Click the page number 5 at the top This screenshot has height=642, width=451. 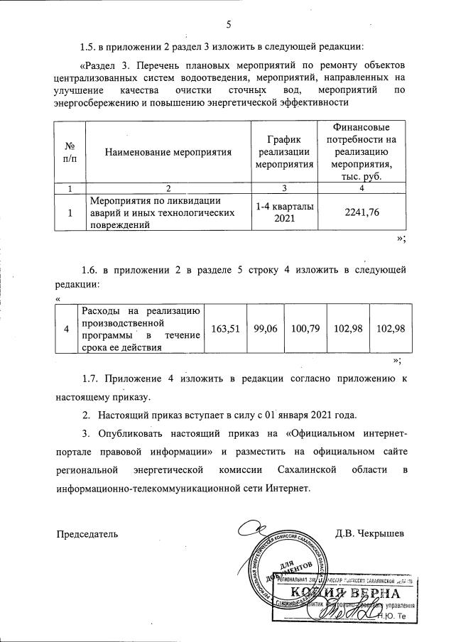click(229, 26)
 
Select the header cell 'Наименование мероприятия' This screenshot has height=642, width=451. click(168, 153)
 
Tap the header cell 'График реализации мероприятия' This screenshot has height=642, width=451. click(284, 153)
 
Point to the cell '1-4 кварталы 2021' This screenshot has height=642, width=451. click(284, 212)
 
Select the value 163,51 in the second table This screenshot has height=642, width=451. click(227, 329)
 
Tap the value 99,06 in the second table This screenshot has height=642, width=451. click(265, 329)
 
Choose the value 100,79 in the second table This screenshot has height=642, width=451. click(303, 329)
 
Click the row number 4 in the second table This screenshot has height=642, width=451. click(67, 329)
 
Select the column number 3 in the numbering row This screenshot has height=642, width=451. click(284, 188)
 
